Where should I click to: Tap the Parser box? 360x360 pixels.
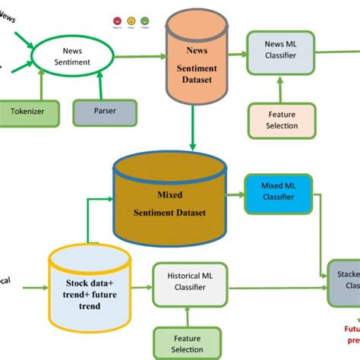105,112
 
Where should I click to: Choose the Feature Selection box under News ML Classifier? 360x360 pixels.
282,120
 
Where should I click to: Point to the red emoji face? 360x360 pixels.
118,21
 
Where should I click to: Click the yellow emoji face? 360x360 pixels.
131,21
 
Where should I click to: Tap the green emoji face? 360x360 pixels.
145,21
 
